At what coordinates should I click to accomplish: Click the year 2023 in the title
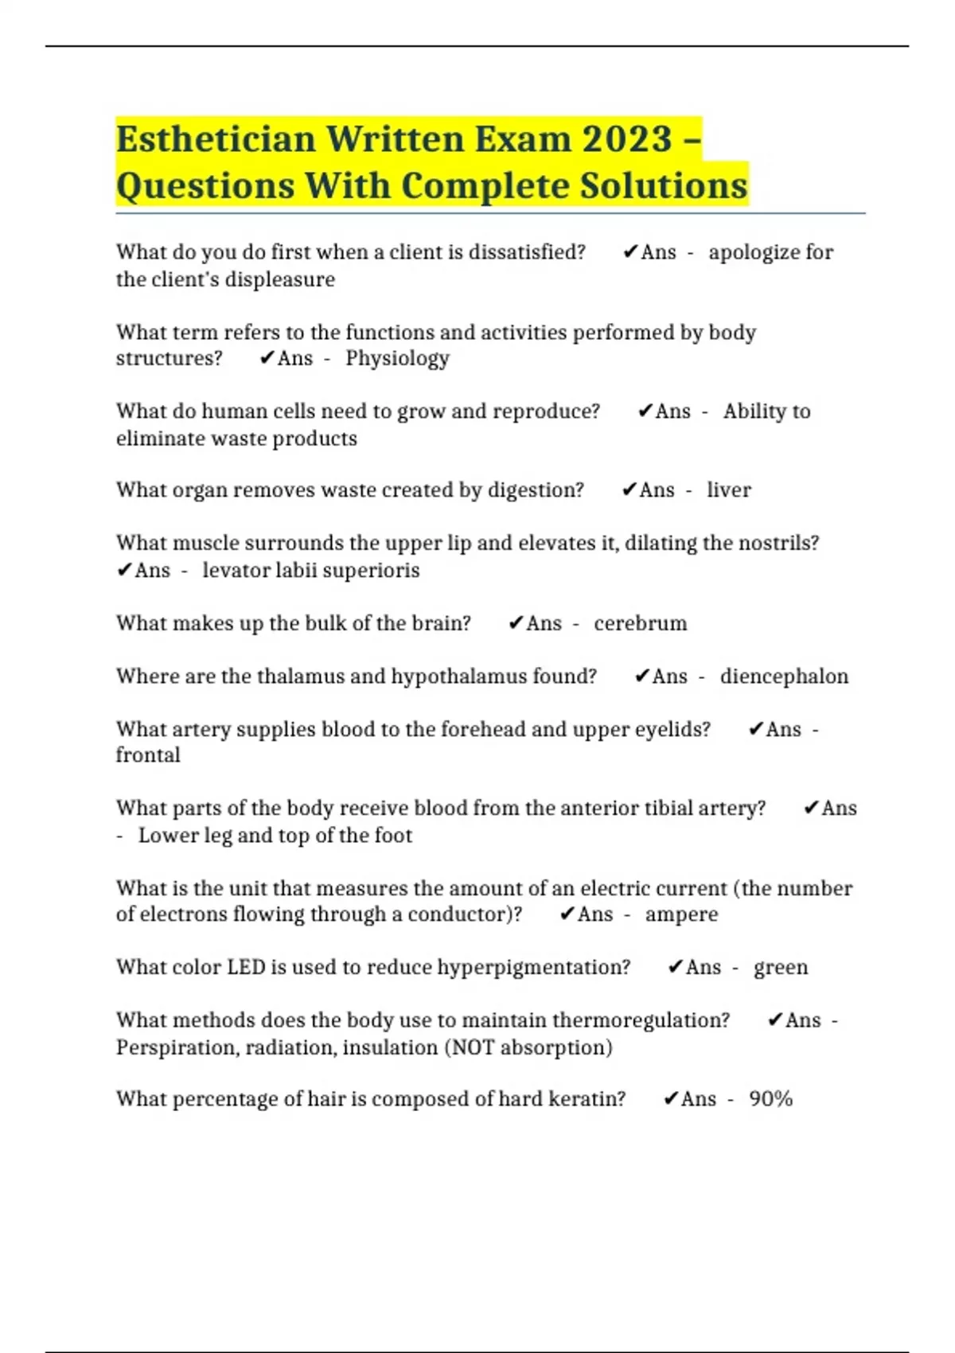coord(627,139)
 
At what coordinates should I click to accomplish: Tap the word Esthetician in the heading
coord(216,139)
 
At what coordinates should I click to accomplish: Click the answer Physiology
coord(397,358)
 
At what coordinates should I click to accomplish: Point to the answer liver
coord(729,490)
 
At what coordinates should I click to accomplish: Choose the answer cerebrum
coord(641,623)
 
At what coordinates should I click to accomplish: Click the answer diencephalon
coord(784,676)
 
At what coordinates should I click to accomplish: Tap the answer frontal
coord(148,755)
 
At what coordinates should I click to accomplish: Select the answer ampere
coord(681,914)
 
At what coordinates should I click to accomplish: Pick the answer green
coord(781,968)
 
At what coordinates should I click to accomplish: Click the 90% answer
coord(770,1099)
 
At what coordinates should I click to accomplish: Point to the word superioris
coord(374,571)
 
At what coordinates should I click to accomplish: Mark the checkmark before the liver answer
coord(630,490)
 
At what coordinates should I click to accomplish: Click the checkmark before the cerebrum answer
coord(516,623)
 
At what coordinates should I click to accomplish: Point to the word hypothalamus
coord(458,676)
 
